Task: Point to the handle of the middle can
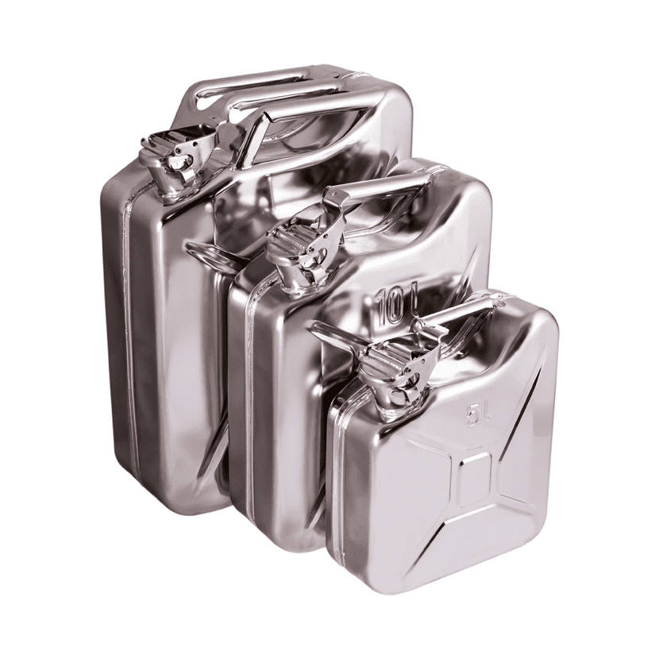click(378, 185)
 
